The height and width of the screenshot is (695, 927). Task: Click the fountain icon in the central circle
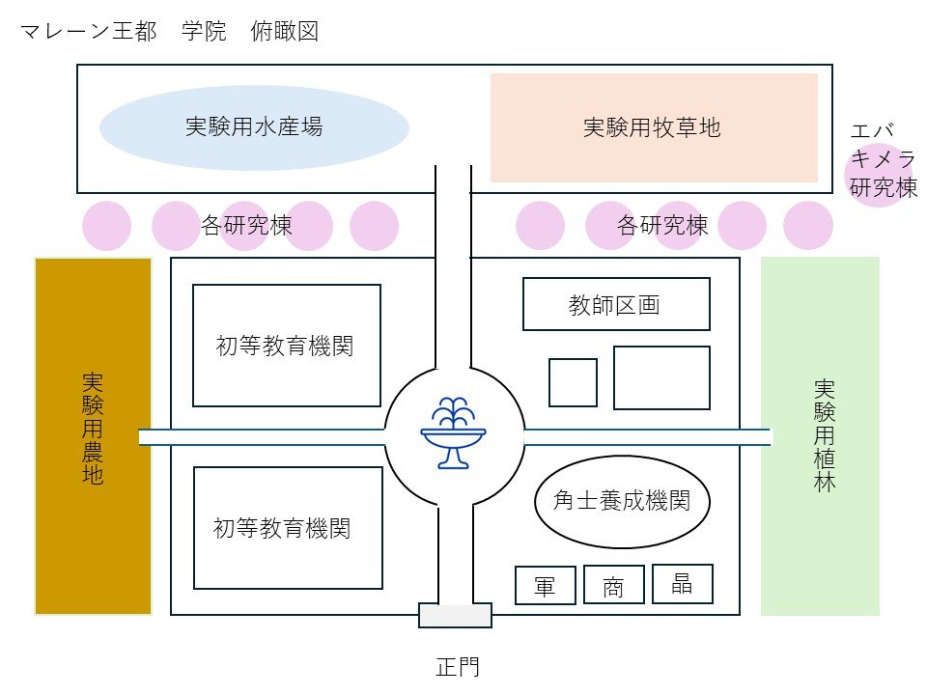pyautogui.click(x=454, y=433)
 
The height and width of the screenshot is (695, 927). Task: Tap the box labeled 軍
pyautogui.click(x=546, y=585)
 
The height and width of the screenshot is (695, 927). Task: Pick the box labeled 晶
pyautogui.click(x=683, y=584)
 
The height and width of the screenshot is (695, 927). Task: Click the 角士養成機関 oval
pyautogui.click(x=622, y=502)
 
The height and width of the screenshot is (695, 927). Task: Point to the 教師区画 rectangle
pyautogui.click(x=616, y=304)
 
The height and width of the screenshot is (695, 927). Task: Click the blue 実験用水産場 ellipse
pyautogui.click(x=254, y=127)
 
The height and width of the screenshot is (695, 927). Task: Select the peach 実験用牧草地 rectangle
pyautogui.click(x=653, y=127)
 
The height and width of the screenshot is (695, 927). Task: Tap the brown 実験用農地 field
pyautogui.click(x=93, y=435)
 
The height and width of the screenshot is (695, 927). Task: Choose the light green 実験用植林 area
pyautogui.click(x=821, y=435)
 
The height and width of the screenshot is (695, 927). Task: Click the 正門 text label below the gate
pyautogui.click(x=455, y=666)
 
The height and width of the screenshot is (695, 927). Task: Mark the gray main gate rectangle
pyautogui.click(x=455, y=616)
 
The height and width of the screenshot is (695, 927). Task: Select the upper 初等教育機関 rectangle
pyautogui.click(x=286, y=346)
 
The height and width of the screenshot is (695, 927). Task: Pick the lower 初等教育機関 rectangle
pyautogui.click(x=286, y=527)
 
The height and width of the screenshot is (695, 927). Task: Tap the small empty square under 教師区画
pyautogui.click(x=573, y=382)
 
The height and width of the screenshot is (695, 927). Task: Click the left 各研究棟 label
pyautogui.click(x=246, y=226)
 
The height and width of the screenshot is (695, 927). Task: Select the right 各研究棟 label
pyautogui.click(x=662, y=226)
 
